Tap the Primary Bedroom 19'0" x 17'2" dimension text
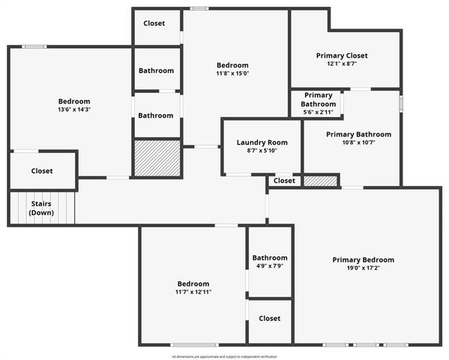click(363, 268)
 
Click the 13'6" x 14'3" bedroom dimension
click(74, 109)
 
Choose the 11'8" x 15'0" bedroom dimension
click(232, 73)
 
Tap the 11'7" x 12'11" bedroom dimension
click(193, 292)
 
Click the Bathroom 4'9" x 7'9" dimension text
click(269, 265)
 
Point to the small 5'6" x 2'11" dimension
click(318, 112)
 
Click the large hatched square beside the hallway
click(157, 158)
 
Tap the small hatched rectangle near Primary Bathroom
click(320, 181)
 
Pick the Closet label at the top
click(154, 23)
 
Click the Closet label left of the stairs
click(42, 171)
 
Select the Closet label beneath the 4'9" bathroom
click(269, 319)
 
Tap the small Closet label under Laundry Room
click(284, 181)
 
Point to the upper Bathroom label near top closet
click(156, 70)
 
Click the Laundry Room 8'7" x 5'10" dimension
click(262, 151)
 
